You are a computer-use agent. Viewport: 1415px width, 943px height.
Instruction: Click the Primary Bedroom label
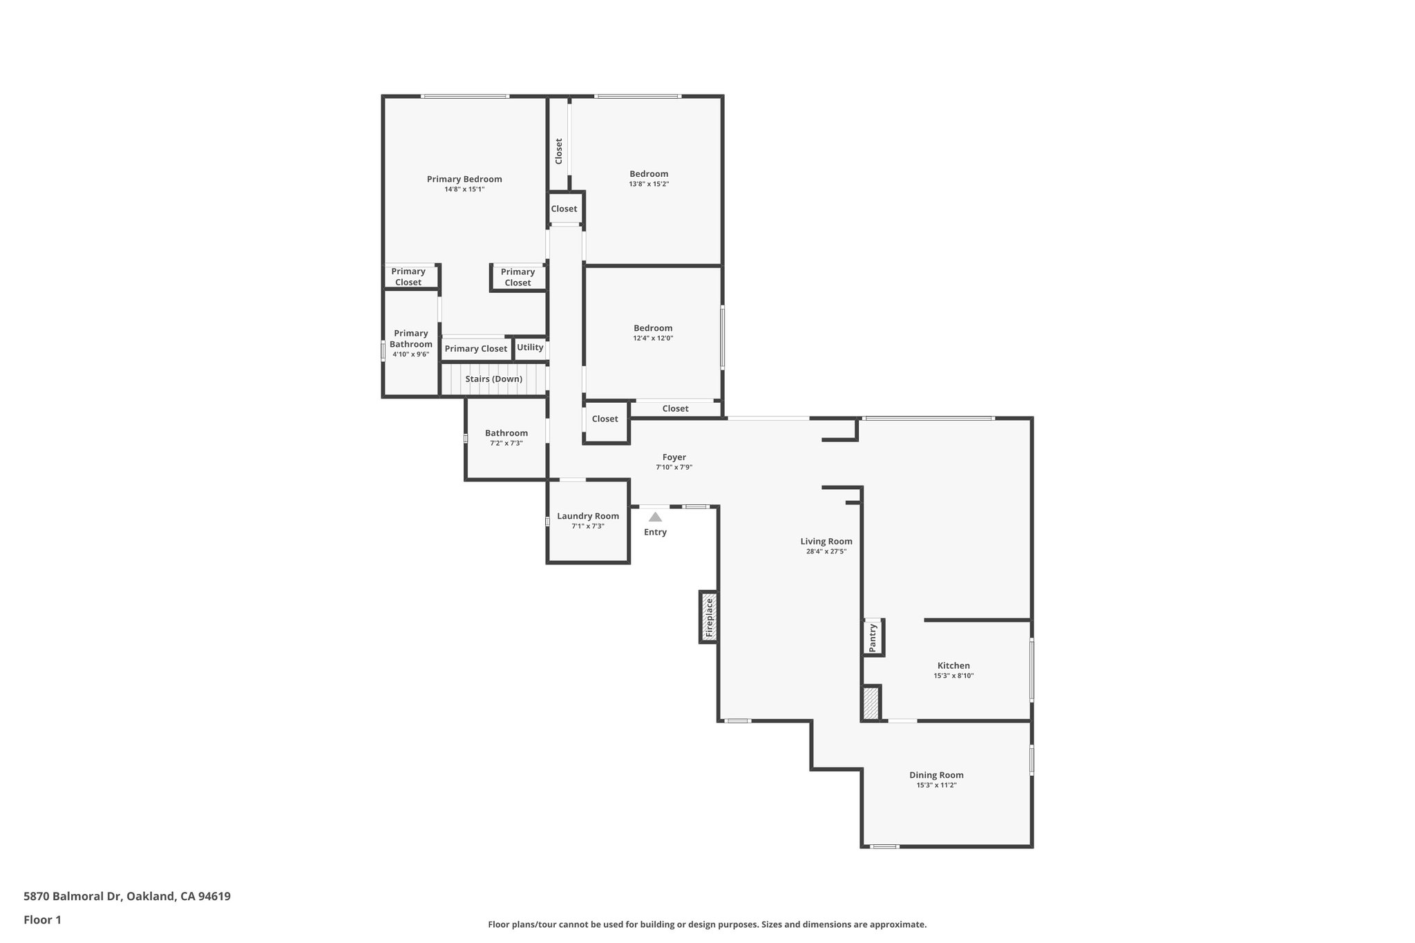coord(464,179)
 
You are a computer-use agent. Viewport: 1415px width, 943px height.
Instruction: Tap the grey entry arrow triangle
coord(655,517)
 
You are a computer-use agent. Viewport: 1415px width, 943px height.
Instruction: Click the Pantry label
coord(873,637)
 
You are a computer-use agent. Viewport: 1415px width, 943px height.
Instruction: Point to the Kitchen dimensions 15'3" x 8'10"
coord(953,676)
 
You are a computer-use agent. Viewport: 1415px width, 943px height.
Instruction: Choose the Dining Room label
coord(936,775)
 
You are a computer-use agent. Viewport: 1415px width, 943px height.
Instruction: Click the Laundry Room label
coord(588,516)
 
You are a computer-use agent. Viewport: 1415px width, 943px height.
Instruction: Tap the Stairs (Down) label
coord(493,379)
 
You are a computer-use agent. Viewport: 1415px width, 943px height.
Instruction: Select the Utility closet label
coord(530,347)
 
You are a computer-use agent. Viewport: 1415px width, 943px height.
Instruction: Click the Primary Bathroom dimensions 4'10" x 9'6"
coord(411,354)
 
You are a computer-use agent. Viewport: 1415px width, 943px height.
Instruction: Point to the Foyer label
coord(674,457)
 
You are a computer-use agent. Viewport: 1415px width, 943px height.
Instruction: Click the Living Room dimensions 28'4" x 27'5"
coord(826,552)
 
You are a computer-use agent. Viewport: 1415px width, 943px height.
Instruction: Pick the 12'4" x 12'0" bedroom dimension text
coord(653,339)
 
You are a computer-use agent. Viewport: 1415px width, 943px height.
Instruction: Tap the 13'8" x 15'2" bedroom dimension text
coord(649,184)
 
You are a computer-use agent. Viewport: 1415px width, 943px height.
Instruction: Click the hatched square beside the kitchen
coord(871,703)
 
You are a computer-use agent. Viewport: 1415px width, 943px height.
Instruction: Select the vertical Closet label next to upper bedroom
coord(559,151)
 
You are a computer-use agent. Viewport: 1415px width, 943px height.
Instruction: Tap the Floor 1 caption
coord(43,920)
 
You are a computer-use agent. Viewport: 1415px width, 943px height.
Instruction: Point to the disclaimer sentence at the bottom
coord(707,924)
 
